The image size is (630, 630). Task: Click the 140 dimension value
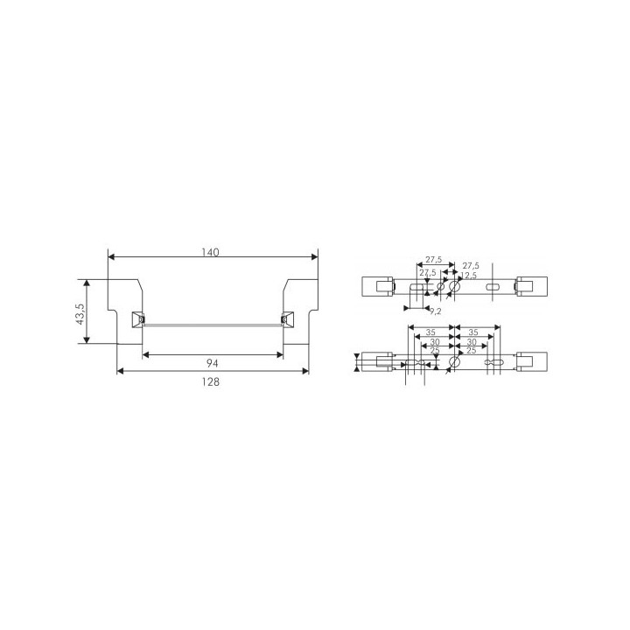[x=209, y=252]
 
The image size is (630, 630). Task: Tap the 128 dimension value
[x=210, y=381]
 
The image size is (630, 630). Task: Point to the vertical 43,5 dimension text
[x=80, y=312]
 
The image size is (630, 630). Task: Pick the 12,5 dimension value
[x=469, y=276]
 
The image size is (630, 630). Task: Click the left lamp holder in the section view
[x=136, y=320]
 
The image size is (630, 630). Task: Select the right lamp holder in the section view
[x=284, y=320]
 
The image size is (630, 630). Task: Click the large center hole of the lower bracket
[x=453, y=361]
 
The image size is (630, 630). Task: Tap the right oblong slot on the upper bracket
[x=493, y=286]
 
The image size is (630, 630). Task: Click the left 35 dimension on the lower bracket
[x=430, y=332]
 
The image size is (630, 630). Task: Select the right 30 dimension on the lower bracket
[x=471, y=342]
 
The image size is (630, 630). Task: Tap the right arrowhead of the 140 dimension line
[x=314, y=257]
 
